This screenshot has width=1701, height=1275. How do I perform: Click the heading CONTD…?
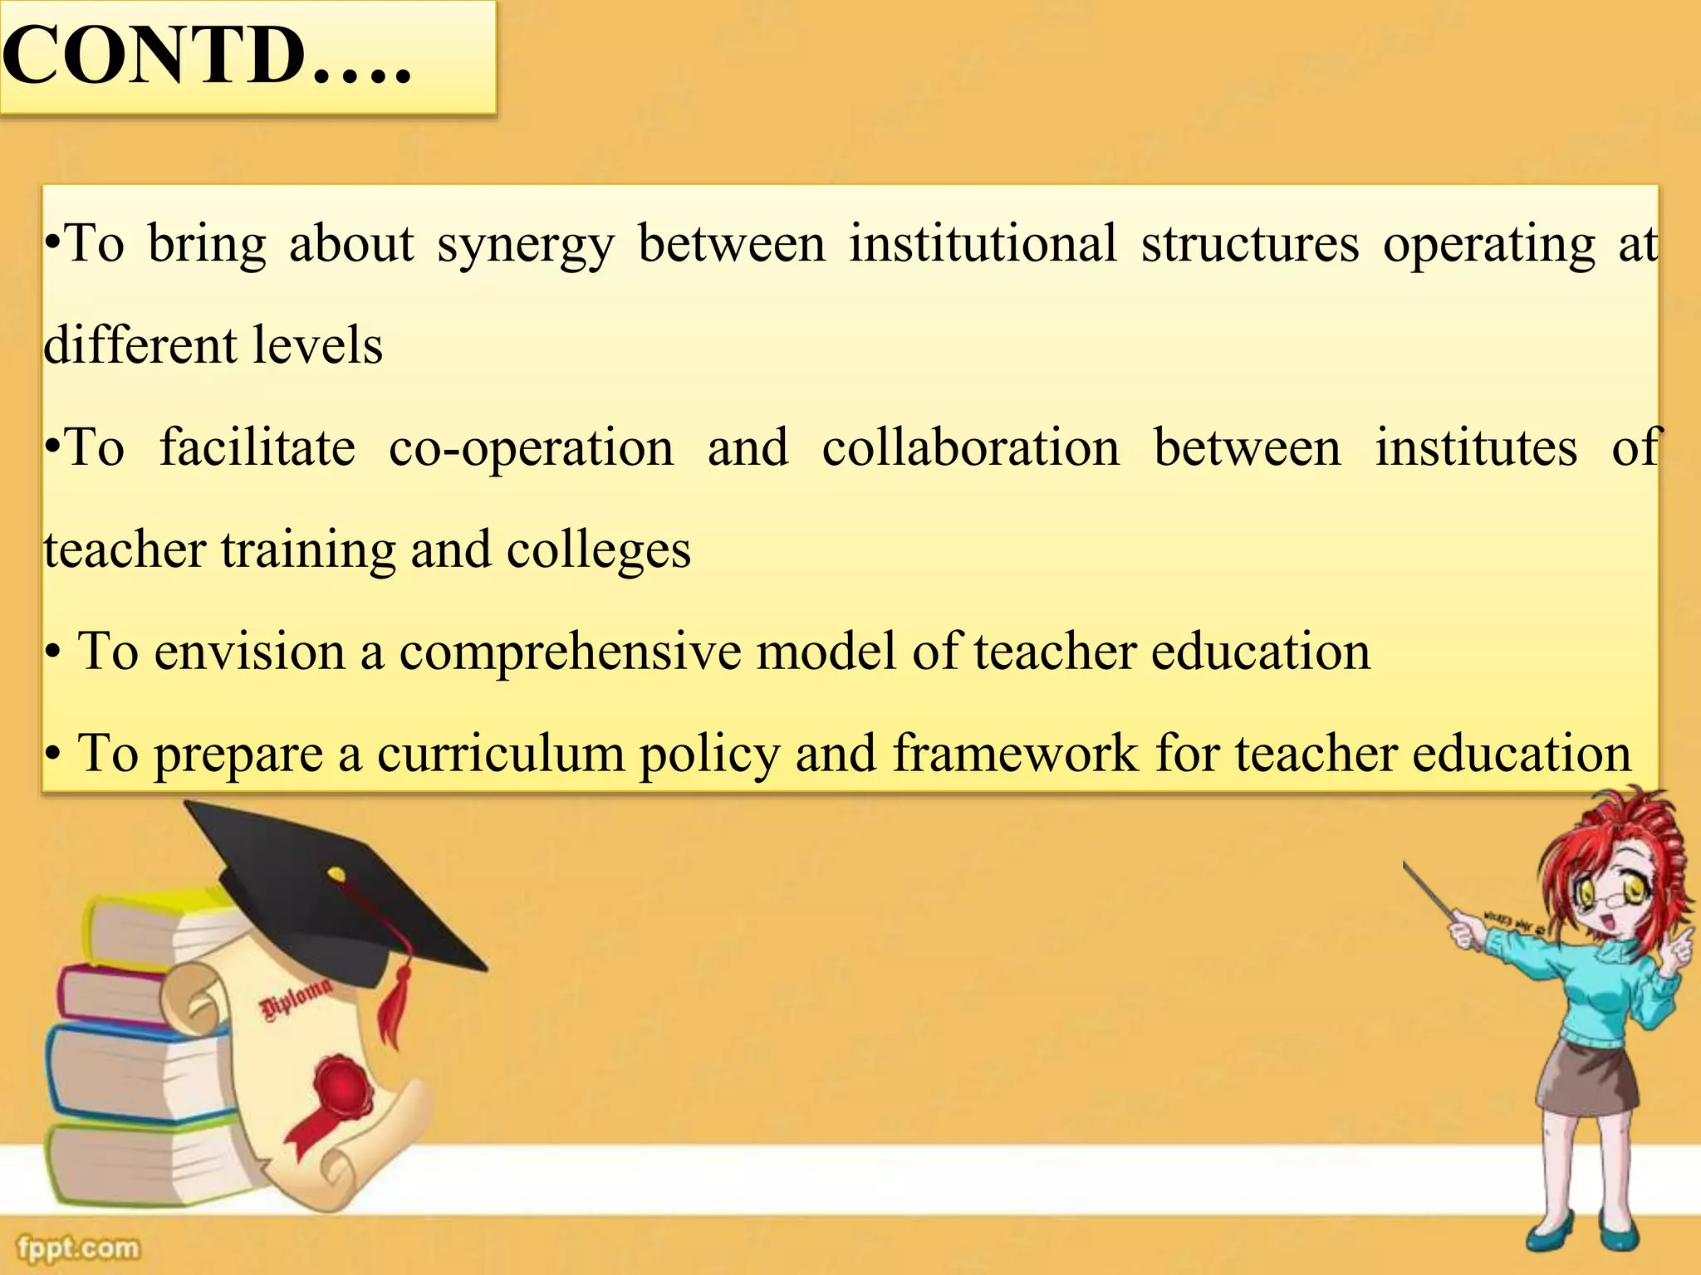(x=208, y=56)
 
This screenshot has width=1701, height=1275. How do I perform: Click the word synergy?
(x=526, y=246)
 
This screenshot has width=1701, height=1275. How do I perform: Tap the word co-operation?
(x=532, y=449)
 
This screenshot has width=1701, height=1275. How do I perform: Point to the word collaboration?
(x=970, y=447)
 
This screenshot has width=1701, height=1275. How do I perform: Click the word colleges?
(x=598, y=550)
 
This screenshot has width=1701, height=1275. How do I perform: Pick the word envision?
(x=249, y=652)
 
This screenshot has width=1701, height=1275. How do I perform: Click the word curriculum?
(x=500, y=754)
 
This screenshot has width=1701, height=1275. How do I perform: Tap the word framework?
(x=1016, y=754)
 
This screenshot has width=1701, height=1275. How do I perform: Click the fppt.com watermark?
(x=79, y=1248)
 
